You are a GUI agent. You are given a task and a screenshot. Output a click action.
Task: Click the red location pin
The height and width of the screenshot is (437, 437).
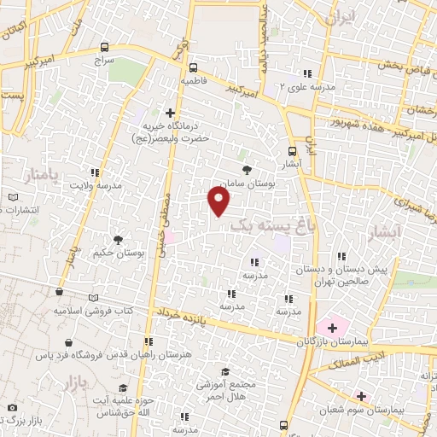point(220,201)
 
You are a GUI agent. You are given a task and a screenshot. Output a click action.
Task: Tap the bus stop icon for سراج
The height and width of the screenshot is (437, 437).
point(104,48)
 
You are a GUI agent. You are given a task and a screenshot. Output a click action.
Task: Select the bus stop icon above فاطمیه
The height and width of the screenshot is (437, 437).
point(193,67)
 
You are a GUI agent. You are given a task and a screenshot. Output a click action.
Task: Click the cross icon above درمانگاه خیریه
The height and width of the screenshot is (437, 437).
point(171,113)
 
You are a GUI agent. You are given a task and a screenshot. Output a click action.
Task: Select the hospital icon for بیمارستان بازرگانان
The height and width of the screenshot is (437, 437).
point(331,327)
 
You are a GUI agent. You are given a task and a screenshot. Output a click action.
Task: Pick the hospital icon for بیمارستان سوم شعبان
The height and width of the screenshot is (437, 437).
point(362,395)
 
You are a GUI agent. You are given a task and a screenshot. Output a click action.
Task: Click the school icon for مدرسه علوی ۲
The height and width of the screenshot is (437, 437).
point(309,74)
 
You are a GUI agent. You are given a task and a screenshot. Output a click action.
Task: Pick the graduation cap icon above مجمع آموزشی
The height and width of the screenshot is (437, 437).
point(224,371)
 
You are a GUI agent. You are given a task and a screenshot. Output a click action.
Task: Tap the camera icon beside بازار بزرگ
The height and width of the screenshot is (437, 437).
point(11,408)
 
